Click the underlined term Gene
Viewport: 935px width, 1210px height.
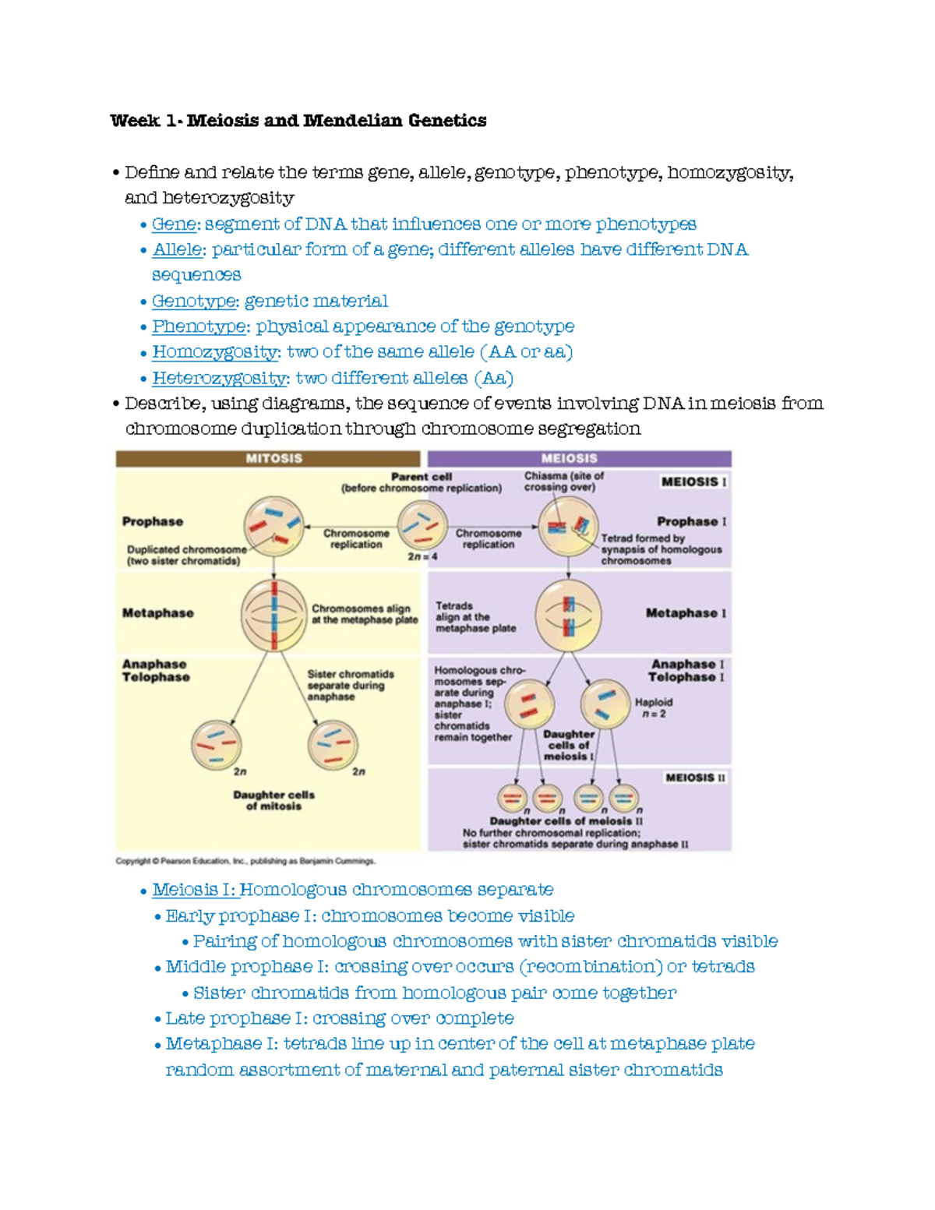(x=174, y=224)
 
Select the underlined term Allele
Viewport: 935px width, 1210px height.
(x=177, y=250)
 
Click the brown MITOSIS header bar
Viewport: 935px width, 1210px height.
(x=269, y=459)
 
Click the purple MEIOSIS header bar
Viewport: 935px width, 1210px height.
(x=579, y=459)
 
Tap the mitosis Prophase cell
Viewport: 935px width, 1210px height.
(x=273, y=526)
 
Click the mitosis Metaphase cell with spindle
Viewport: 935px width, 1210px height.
(x=273, y=615)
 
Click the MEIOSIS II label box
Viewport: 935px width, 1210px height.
(x=695, y=778)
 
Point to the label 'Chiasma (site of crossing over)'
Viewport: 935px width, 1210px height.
(x=563, y=482)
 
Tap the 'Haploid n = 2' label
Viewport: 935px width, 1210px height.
(x=654, y=707)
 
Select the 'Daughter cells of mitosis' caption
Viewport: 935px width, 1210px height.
(x=273, y=800)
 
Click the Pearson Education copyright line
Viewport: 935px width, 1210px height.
(x=245, y=861)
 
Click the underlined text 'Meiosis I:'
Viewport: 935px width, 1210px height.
(x=195, y=890)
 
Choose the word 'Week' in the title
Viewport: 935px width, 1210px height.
(x=135, y=121)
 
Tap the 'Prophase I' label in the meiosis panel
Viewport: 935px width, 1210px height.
(x=691, y=521)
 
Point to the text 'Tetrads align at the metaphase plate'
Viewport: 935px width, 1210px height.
(x=475, y=617)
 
